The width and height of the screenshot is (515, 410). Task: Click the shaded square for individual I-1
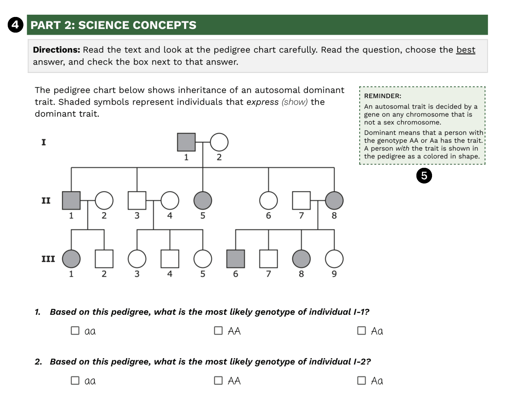(x=186, y=142)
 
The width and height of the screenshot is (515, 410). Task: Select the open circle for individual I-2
(x=219, y=142)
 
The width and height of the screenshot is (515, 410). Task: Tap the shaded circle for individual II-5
(x=203, y=200)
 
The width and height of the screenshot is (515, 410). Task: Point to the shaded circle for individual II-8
(x=334, y=200)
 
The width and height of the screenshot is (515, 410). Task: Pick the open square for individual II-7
(x=301, y=200)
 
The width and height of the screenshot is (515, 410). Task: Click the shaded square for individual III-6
(x=236, y=259)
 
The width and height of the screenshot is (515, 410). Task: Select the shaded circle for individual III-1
(x=71, y=259)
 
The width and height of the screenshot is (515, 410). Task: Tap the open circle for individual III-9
(x=334, y=259)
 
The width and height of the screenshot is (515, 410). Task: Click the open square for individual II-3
(x=137, y=200)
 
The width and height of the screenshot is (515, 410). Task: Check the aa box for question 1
(x=75, y=330)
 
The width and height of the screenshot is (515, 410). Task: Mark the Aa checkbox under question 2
(x=361, y=380)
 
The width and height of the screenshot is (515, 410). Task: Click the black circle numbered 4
(x=15, y=25)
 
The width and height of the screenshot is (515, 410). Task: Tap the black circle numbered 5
(x=424, y=176)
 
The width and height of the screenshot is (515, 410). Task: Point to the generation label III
(x=48, y=259)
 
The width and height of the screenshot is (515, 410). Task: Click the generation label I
(x=44, y=142)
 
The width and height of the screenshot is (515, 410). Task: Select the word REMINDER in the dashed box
(x=382, y=96)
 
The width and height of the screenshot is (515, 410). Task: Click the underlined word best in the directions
(x=466, y=50)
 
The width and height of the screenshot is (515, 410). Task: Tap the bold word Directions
(x=57, y=50)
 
